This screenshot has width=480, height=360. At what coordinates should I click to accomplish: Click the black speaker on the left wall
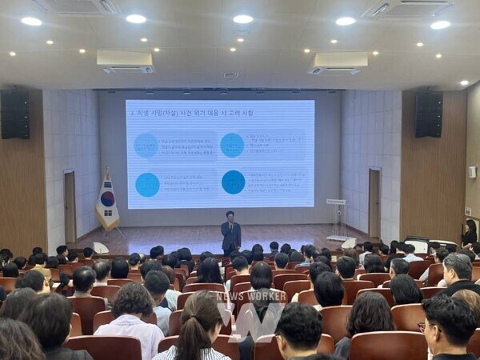coord(15,114)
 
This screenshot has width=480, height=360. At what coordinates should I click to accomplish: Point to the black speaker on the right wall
coord(428,114)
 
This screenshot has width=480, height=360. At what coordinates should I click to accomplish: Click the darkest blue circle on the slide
coord(233,182)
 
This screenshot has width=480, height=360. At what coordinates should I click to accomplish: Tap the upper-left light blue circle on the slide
coord(146,145)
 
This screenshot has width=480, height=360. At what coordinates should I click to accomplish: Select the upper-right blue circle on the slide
coord(232,145)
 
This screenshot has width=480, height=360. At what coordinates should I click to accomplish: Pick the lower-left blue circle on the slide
coord(147,185)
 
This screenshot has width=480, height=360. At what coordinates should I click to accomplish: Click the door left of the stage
coord(70,207)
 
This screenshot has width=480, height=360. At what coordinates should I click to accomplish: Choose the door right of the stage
coord(374,203)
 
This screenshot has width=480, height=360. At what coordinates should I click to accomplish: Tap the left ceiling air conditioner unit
coord(124,62)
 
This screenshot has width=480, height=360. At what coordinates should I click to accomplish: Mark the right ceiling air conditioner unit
coord(338,62)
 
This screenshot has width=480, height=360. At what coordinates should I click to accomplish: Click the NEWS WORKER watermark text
coord(251,295)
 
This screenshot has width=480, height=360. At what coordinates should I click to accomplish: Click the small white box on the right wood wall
coord(472,171)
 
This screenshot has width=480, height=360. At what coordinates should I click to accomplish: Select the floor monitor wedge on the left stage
coord(100,248)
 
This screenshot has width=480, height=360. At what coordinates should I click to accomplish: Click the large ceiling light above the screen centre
coord(242,19)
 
